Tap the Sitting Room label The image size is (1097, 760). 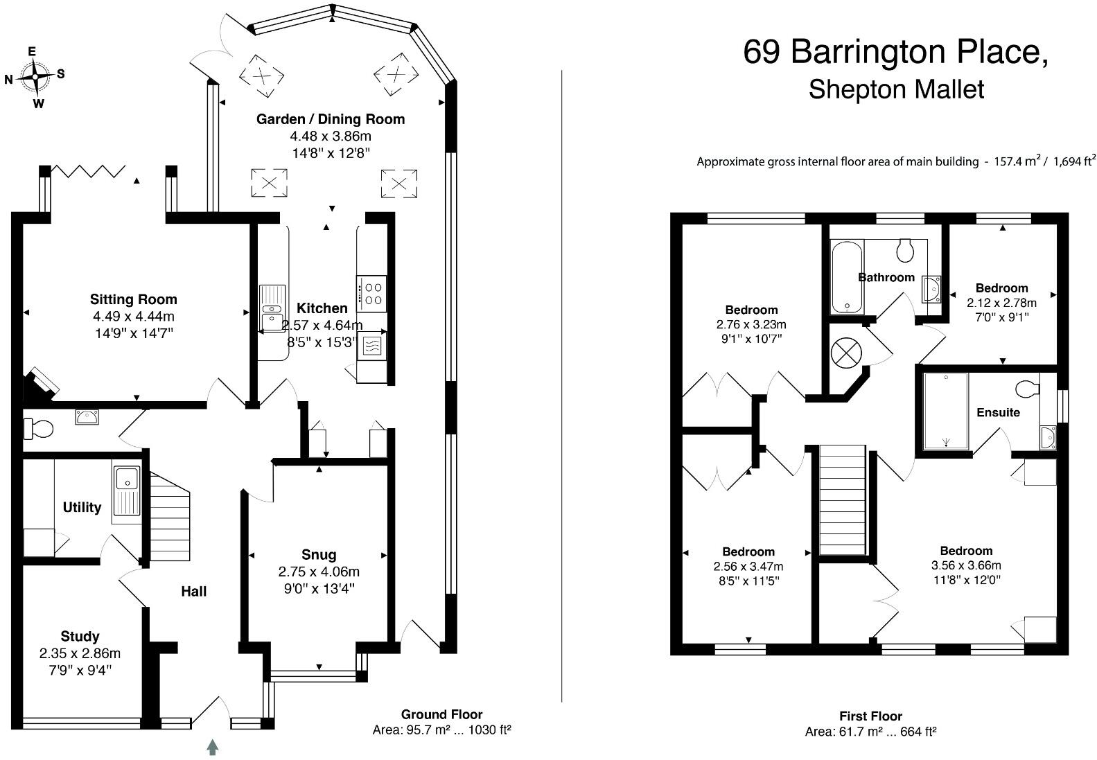pos(133,299)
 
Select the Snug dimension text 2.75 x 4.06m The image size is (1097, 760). pos(319,572)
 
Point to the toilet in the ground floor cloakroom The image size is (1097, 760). pos(39,430)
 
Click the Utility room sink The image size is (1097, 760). pos(128,490)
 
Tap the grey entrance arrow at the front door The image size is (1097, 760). pos(213,747)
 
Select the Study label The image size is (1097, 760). pos(80,636)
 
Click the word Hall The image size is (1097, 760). pos(194,591)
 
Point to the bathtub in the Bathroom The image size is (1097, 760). pos(847,277)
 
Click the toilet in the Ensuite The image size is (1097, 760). pos(1027,389)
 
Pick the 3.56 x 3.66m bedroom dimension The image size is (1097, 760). pos(966,565)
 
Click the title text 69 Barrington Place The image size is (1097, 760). pos(895,52)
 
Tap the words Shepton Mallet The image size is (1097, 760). pos(896,89)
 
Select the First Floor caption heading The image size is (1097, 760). pos(870,716)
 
